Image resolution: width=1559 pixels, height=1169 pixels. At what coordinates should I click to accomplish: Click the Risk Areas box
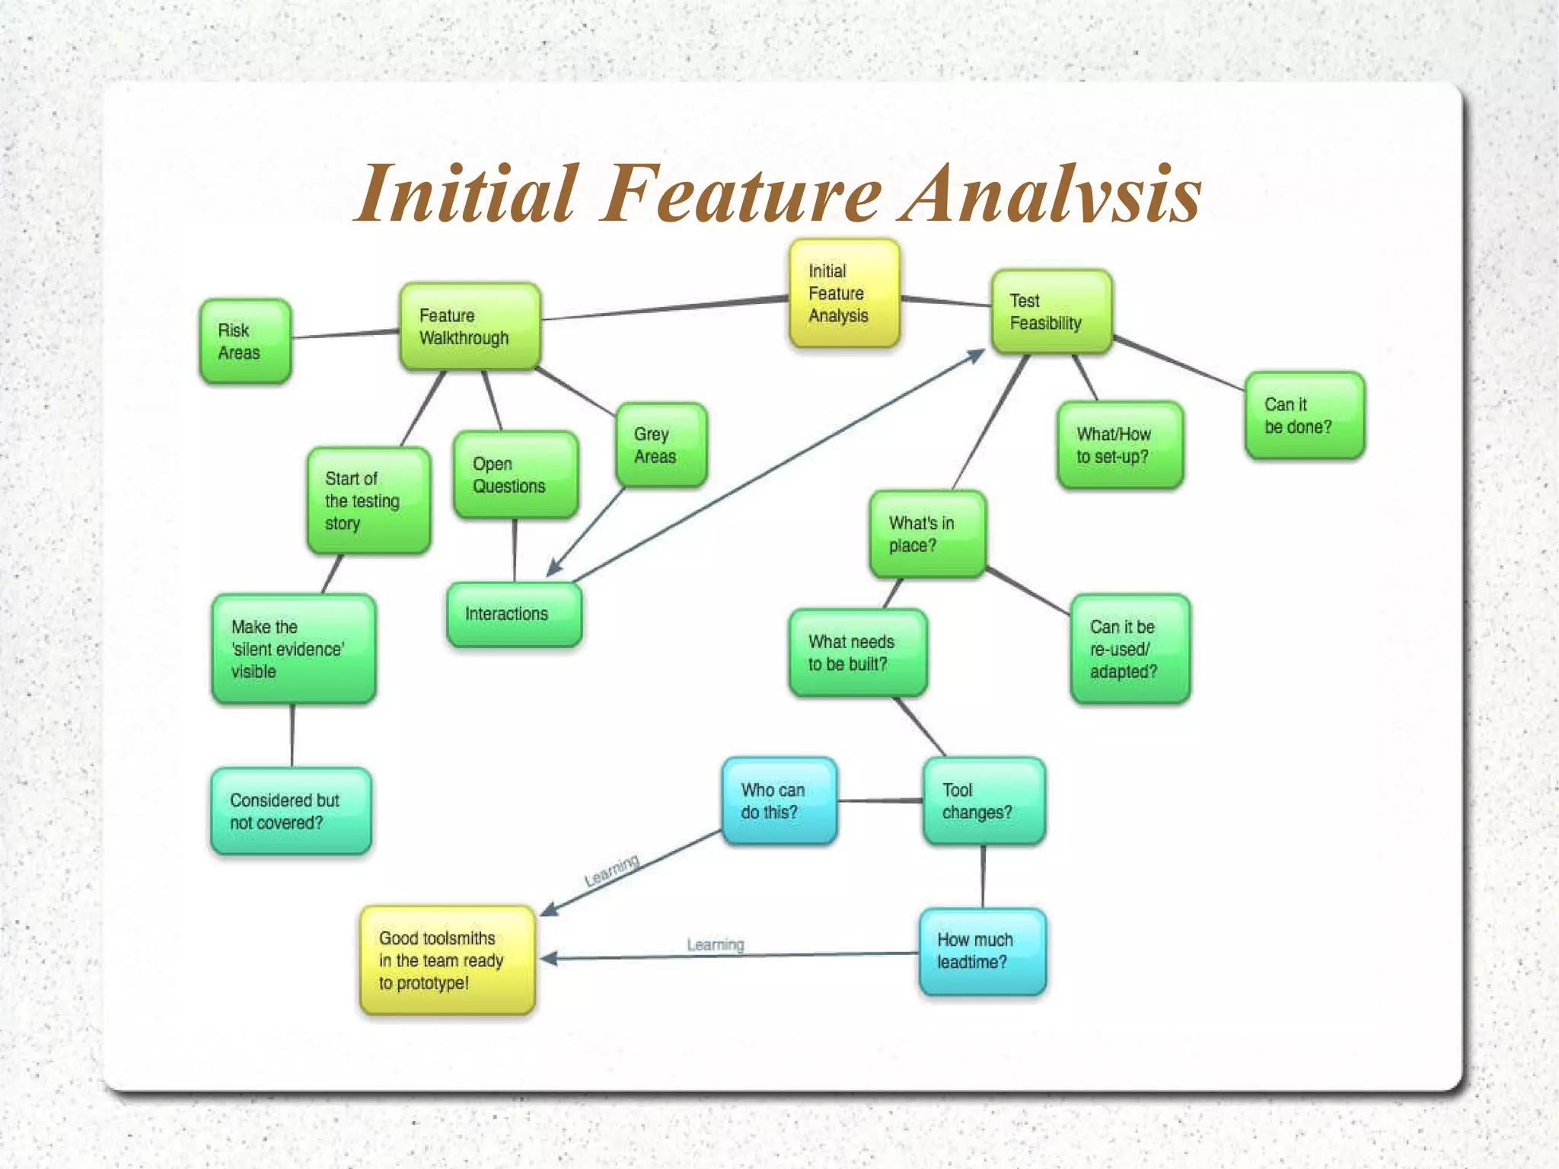pos(245,341)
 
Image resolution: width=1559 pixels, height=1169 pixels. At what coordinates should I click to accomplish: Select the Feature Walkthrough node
pos(470,327)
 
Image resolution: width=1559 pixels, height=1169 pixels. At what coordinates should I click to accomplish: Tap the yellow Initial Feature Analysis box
pos(844,293)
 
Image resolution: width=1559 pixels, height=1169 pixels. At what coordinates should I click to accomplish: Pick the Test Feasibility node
pos(1051,311)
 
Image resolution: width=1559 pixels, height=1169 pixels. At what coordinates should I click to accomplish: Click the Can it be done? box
pos(1304,415)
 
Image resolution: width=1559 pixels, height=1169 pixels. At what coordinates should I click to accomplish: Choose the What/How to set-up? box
pos(1120,445)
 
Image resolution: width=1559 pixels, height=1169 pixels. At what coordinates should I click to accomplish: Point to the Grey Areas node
pos(661,445)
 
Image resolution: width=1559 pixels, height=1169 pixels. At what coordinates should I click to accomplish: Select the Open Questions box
pos(515,474)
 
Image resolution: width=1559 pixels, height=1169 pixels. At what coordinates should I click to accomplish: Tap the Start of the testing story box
pos(368,500)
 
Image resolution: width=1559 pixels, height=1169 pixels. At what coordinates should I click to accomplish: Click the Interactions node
pos(514,614)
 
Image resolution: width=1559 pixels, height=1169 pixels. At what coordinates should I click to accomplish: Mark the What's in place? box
pos(927,534)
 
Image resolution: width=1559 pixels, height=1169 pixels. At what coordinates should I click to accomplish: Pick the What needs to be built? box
pos(857,653)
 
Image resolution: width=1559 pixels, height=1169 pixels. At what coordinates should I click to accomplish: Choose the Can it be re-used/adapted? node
pos(1130,649)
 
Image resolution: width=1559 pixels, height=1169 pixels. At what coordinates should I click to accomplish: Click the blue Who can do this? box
pos(779,801)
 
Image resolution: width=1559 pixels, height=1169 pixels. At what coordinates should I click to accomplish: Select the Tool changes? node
pos(984,801)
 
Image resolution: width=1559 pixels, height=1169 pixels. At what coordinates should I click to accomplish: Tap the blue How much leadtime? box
pos(982,951)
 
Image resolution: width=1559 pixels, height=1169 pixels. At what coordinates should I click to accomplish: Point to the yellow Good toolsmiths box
pos(448,960)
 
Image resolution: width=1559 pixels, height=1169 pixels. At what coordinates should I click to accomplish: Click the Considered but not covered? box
pos(291,811)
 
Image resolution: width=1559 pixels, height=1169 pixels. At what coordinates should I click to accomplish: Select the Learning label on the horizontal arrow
pos(715,944)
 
